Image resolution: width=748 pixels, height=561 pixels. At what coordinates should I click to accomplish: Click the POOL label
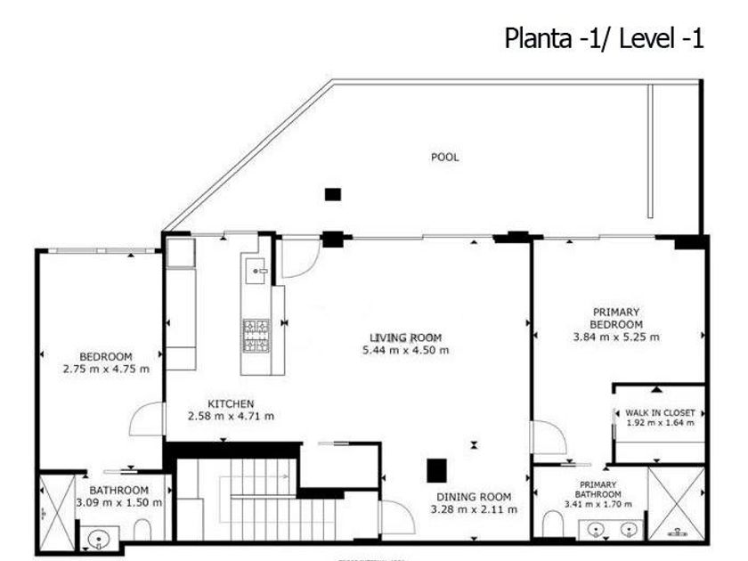point(444,157)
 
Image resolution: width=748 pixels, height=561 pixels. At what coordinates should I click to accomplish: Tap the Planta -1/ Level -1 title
point(604,38)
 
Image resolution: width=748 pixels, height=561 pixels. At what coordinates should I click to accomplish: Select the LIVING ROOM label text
point(405,337)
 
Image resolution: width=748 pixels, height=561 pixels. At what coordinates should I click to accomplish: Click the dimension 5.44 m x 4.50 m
point(405,350)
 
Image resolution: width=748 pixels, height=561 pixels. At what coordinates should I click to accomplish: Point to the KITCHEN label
point(231,403)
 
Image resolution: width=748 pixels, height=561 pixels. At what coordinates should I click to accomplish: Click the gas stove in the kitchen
point(256,336)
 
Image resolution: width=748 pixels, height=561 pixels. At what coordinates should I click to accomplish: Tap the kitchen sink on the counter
point(256,271)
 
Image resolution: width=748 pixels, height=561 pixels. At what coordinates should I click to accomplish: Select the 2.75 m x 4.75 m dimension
point(106,369)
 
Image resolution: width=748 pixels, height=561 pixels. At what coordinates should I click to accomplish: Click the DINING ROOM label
point(474,497)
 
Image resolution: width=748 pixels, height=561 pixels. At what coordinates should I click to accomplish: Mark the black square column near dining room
point(436,470)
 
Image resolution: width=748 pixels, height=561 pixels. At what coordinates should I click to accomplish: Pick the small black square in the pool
point(333,194)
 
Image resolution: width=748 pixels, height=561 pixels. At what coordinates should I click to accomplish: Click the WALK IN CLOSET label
point(660,412)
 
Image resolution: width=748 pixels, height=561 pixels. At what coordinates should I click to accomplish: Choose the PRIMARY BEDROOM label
point(616,318)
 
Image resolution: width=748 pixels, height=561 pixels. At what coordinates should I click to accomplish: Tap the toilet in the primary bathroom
point(553,524)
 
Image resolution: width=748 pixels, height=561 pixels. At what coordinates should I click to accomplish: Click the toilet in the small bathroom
point(142,530)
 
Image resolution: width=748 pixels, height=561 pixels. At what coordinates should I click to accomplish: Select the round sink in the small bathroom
point(99,540)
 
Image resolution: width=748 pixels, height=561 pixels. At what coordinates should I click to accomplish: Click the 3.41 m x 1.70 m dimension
point(598,504)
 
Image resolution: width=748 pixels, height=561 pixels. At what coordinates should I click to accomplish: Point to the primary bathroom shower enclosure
point(676,503)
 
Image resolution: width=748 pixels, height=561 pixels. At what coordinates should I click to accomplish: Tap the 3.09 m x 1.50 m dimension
point(118,502)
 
